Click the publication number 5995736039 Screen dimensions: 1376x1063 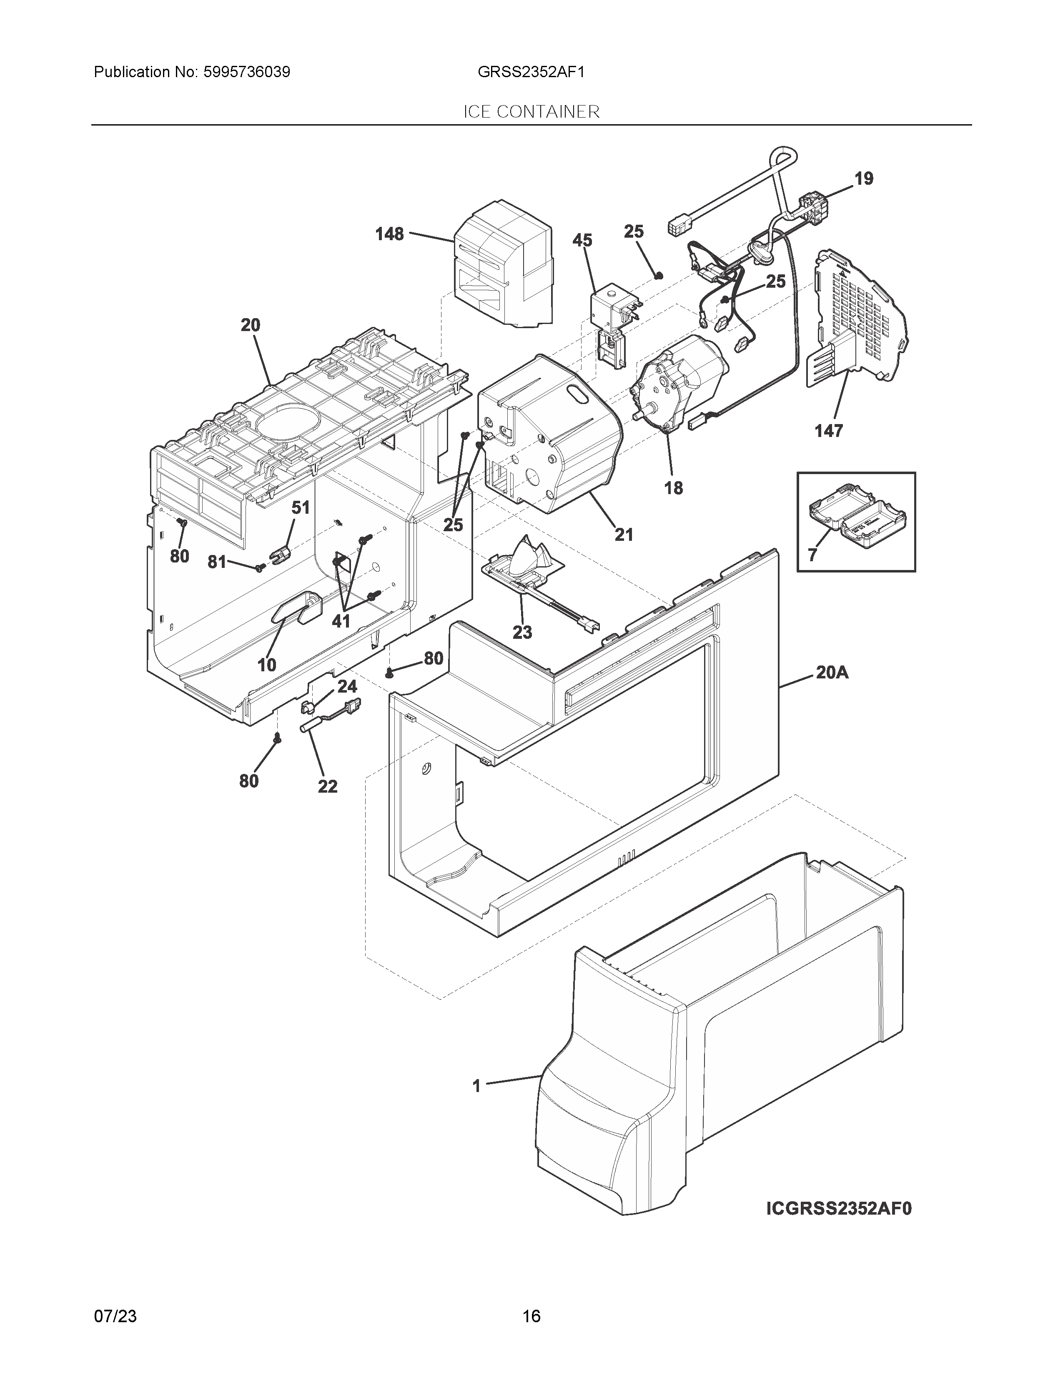click(x=246, y=73)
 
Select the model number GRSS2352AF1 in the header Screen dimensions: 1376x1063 click(x=531, y=73)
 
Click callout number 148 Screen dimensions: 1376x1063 click(x=389, y=234)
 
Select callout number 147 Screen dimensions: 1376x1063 click(x=829, y=431)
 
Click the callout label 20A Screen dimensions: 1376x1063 click(x=832, y=673)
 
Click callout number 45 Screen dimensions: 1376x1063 click(x=582, y=240)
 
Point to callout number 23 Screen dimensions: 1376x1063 click(x=522, y=632)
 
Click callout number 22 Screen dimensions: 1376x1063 click(x=328, y=786)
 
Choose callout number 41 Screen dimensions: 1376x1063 click(x=341, y=621)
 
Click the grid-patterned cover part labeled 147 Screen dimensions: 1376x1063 click(x=863, y=315)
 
